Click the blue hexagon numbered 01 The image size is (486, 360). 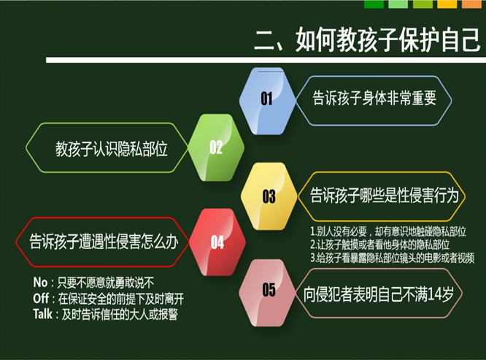tap(267, 101)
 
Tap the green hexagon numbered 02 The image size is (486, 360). tap(216, 148)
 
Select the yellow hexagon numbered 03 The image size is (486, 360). tap(269, 196)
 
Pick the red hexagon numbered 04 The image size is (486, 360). tap(217, 242)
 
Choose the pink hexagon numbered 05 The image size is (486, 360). tap(268, 293)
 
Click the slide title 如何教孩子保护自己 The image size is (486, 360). tap(387, 39)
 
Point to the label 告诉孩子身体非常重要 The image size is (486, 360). tap(374, 98)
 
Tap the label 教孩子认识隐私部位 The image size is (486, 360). tap(112, 149)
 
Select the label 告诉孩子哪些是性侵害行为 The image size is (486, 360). tap(385, 196)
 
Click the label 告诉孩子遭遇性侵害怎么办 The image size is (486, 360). tap(104, 242)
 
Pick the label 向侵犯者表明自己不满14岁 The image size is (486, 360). tap(379, 294)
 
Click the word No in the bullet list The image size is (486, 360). tap(40, 283)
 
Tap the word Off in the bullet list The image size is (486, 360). tap(41, 299)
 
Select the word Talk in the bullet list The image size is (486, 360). tap(43, 314)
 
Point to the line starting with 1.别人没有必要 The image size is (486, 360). tap(388, 231)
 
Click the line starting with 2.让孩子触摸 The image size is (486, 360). tap(380, 245)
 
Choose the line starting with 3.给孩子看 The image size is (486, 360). tap(393, 258)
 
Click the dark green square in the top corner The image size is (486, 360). tap(374, 4)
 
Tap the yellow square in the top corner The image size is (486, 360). tap(447, 4)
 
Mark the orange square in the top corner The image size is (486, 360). tap(471, 4)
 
